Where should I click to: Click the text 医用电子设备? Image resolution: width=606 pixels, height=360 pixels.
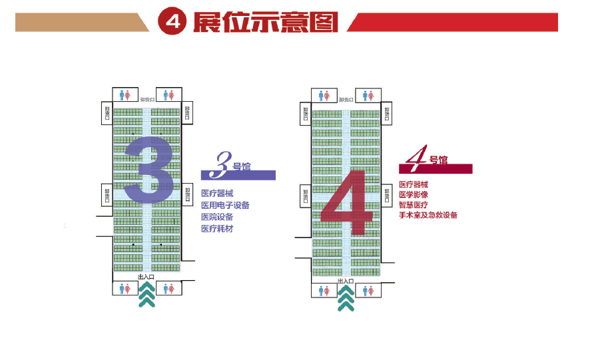coord(225,205)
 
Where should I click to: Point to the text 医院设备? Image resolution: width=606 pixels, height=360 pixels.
coord(217,217)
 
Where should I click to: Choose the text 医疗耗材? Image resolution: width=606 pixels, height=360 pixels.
coord(217,229)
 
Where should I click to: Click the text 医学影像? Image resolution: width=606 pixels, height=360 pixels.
coord(413,195)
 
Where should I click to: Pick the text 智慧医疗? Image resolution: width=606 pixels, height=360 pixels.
coord(413,205)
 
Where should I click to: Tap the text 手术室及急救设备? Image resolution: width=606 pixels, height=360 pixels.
coord(428,215)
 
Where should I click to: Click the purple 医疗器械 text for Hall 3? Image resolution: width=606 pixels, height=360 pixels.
coord(217,194)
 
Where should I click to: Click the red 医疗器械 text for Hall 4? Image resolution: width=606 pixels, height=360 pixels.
coord(413,184)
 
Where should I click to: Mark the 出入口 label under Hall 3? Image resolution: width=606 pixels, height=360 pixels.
coord(146,277)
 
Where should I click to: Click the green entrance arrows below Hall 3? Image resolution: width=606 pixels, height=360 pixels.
coord(147,294)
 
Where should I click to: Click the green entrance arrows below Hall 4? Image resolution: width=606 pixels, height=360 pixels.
coord(345,298)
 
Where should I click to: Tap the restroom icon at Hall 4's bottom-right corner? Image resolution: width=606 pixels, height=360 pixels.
coord(368,291)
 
